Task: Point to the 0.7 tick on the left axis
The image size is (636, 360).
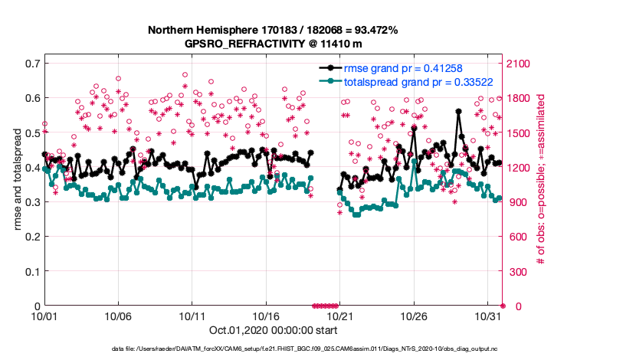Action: point(31,63)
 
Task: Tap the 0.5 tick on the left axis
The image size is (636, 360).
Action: point(31,133)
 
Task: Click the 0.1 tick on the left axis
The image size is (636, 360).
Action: point(31,271)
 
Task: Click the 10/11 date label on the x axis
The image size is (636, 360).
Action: point(192,316)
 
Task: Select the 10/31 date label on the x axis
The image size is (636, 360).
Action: point(488,316)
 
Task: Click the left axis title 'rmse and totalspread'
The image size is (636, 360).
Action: point(18,184)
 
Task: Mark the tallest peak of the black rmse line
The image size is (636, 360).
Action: point(458,111)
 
